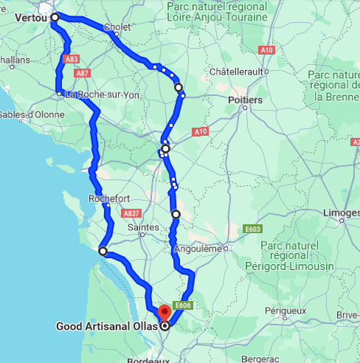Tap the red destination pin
[164, 312]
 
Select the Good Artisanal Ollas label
[106, 325]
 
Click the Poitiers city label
[246, 100]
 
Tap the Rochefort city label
[108, 198]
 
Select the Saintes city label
[142, 229]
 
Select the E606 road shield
[183, 304]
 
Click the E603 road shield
[252, 229]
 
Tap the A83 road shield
[72, 59]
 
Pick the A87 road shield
[83, 73]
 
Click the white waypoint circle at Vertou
[55, 16]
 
